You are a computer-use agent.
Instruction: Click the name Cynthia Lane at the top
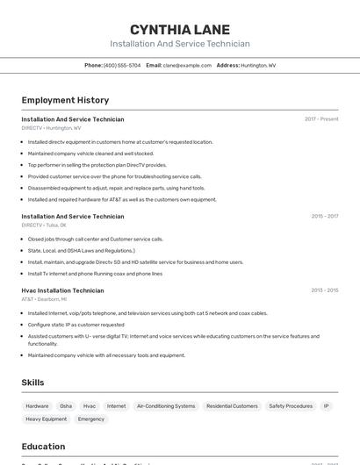(180, 29)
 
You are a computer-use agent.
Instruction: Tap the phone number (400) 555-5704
(122, 65)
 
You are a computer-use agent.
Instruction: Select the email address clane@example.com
(182, 65)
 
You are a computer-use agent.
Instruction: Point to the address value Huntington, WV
(258, 65)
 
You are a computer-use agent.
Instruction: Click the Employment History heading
(65, 100)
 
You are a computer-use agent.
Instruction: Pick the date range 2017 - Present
(321, 119)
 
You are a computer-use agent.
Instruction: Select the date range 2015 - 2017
(324, 216)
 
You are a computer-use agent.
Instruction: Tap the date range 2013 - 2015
(324, 290)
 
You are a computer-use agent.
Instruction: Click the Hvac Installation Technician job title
(62, 290)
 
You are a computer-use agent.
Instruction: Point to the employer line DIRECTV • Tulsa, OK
(44, 225)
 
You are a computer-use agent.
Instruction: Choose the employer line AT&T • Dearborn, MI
(44, 299)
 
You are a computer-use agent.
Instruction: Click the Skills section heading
(32, 383)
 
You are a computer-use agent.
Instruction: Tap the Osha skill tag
(66, 406)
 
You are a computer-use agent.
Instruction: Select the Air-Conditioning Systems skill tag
(166, 406)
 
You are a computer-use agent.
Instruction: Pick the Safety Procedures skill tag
(291, 406)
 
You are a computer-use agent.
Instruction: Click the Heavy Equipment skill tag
(46, 419)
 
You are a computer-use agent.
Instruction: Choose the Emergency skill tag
(91, 419)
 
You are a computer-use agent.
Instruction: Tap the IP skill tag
(327, 406)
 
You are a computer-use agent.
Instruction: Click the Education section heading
(43, 446)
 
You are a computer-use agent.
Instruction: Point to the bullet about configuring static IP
(76, 325)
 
